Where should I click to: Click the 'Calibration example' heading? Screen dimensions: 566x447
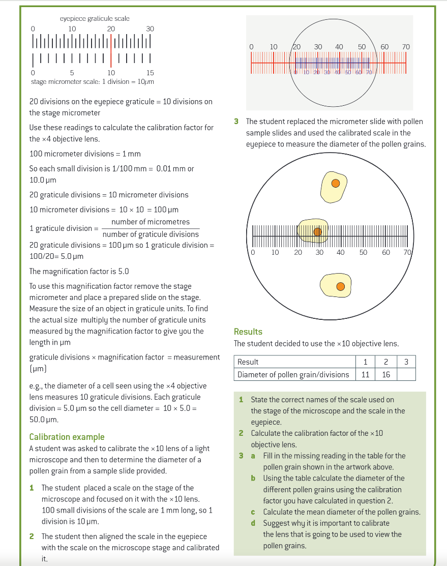67,437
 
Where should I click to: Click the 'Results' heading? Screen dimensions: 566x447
248,332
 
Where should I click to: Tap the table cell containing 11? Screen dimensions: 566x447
365,375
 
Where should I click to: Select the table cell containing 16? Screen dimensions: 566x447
385,375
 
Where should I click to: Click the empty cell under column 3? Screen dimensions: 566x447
405,375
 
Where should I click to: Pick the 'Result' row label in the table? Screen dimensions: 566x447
248,362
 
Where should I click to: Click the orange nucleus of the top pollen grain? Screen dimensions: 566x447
335,183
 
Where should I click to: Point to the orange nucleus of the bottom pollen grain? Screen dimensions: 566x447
341,287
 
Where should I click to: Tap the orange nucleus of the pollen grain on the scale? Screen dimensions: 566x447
317,232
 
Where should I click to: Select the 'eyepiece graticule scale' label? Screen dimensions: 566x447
95,18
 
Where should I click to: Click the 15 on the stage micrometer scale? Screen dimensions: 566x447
150,73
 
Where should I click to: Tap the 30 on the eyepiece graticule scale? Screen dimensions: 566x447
150,29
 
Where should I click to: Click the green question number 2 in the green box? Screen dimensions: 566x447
241,433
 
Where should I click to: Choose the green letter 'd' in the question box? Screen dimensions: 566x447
253,523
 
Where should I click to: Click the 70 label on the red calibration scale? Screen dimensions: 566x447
405,47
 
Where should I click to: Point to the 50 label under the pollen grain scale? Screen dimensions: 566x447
363,252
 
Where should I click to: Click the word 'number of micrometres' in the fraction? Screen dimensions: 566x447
151,222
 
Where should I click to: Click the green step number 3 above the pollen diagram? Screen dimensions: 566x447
236,122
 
